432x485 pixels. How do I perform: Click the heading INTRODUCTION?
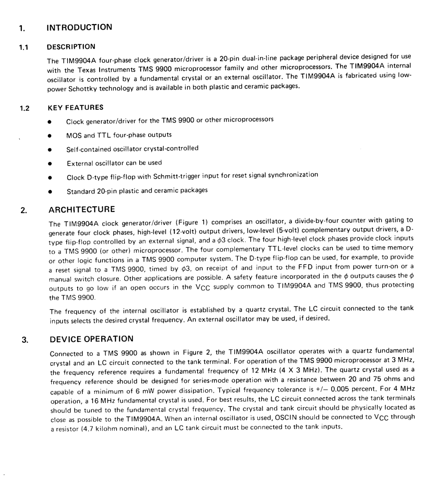coord(79,27)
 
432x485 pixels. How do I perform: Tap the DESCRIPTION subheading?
coord(71,47)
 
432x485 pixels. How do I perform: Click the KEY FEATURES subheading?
coord(76,108)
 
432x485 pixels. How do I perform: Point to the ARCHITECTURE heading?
coord(82,209)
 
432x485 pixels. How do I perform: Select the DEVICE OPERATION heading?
coord(91,339)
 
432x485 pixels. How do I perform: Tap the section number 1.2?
coord(25,109)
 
